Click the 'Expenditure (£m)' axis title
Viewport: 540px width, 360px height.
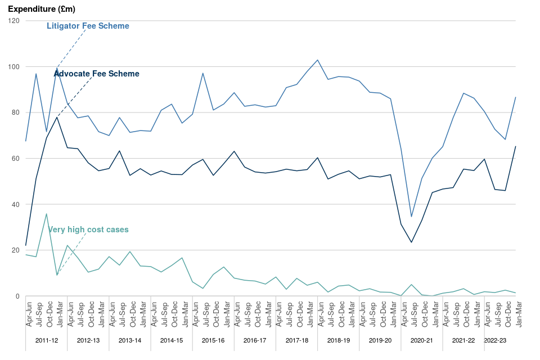(42, 10)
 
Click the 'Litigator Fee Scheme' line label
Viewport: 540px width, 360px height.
(88, 26)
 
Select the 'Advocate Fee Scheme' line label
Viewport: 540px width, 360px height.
(96, 74)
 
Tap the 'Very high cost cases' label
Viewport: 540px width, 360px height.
(88, 229)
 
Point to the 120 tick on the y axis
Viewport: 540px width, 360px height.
(14, 21)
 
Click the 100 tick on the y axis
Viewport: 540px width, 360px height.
(14, 67)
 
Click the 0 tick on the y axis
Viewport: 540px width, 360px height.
(17, 296)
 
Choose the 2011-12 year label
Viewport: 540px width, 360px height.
(46, 340)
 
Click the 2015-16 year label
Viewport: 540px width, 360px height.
(213, 340)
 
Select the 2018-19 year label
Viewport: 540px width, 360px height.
(338, 340)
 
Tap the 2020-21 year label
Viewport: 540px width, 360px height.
(421, 340)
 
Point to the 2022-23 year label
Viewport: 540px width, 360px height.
(495, 340)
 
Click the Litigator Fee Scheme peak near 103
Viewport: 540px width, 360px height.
(318, 60)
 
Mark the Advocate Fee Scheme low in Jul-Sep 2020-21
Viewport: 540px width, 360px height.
(412, 242)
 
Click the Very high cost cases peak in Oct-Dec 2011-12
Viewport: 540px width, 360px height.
(46, 214)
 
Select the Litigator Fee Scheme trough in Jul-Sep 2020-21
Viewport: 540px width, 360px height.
(412, 217)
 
